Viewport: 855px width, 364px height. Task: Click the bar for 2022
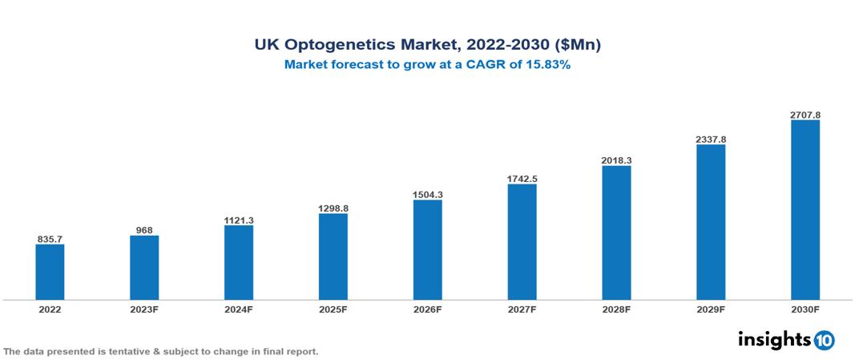pyautogui.click(x=50, y=272)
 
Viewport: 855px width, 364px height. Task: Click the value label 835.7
pyautogui.click(x=50, y=239)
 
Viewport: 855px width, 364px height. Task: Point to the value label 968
pyautogui.click(x=144, y=230)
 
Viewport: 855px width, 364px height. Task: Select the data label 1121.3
pyautogui.click(x=239, y=220)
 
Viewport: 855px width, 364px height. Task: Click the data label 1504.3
pyautogui.click(x=427, y=195)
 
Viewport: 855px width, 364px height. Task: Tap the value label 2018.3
pyautogui.click(x=616, y=160)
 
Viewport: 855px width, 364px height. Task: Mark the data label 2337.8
pyautogui.click(x=711, y=140)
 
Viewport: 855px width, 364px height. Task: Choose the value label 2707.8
pyautogui.click(x=805, y=115)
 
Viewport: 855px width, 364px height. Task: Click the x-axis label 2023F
pyautogui.click(x=144, y=309)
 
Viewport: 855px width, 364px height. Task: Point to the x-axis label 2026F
pyautogui.click(x=427, y=309)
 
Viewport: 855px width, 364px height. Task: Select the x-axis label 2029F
pyautogui.click(x=711, y=309)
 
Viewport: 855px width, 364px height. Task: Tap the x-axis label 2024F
pyautogui.click(x=239, y=309)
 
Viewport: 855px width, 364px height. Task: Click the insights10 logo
pyautogui.click(x=785, y=340)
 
